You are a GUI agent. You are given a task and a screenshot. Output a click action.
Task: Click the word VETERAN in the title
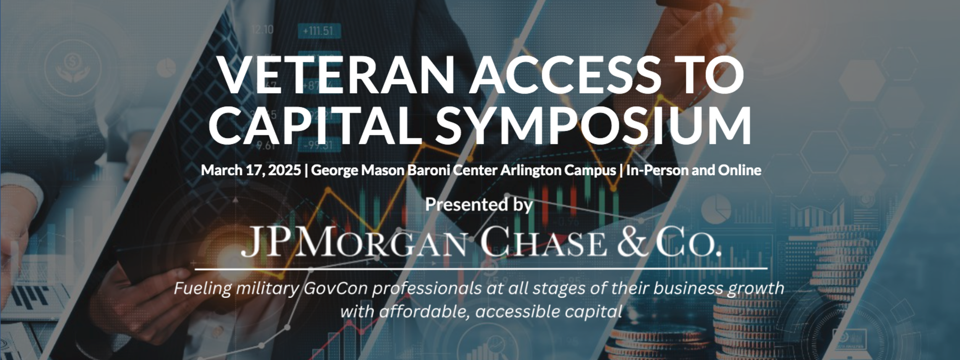(x=336, y=74)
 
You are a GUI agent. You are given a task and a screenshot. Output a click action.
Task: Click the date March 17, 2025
(x=251, y=170)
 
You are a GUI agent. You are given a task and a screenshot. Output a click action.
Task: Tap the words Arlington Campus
(x=558, y=171)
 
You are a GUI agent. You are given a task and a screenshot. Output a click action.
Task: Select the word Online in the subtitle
(x=739, y=170)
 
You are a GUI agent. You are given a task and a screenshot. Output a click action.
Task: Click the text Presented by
(x=479, y=205)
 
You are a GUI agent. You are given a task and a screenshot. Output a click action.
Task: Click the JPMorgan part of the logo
(x=353, y=241)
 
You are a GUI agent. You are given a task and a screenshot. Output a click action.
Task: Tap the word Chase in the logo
(x=543, y=241)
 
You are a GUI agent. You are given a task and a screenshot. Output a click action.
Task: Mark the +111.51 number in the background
(x=318, y=31)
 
